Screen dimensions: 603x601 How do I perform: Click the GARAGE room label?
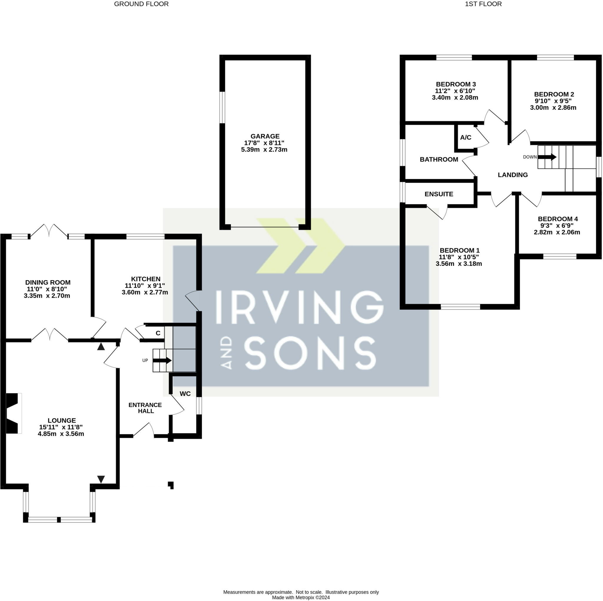click(x=265, y=136)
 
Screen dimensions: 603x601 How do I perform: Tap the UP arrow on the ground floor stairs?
click(x=162, y=361)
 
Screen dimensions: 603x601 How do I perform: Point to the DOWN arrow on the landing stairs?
click(x=547, y=157)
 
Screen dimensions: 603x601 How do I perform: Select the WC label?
click(x=185, y=394)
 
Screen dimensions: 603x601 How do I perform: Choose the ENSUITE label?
click(x=439, y=194)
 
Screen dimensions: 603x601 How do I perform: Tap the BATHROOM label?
click(x=439, y=159)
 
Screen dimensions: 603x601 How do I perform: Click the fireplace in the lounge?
click(x=14, y=413)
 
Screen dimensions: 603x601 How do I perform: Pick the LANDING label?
click(x=513, y=175)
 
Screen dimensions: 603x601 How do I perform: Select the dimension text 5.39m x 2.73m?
click(x=264, y=150)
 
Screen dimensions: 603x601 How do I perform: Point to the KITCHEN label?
click(x=146, y=279)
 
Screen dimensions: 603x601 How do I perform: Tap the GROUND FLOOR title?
click(x=141, y=4)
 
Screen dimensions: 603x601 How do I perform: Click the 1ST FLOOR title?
click(x=483, y=4)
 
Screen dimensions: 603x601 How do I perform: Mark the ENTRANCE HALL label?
click(x=145, y=408)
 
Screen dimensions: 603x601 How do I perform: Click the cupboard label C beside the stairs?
click(x=158, y=333)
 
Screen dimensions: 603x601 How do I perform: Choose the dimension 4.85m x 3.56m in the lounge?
click(x=61, y=434)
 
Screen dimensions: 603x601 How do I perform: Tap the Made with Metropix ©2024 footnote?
click(x=301, y=597)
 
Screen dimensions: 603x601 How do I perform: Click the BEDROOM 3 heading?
click(x=456, y=84)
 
